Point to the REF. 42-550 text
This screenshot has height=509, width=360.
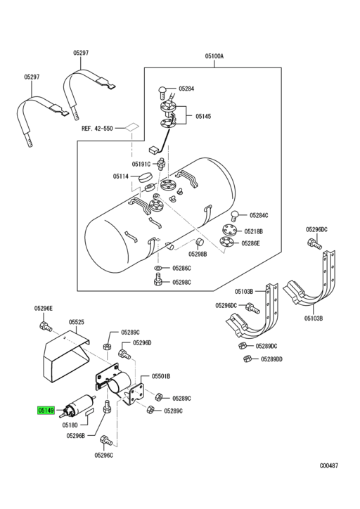[97, 129]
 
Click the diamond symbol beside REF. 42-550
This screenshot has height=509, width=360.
[131, 129]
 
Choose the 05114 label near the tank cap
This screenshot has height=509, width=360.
[121, 176]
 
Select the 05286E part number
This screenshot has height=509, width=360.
[251, 243]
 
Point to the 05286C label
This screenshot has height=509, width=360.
[181, 269]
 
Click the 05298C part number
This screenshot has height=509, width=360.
[181, 282]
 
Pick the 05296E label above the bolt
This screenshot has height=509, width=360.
[44, 308]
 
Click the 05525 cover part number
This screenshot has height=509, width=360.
[76, 323]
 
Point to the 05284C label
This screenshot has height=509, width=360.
[259, 215]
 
